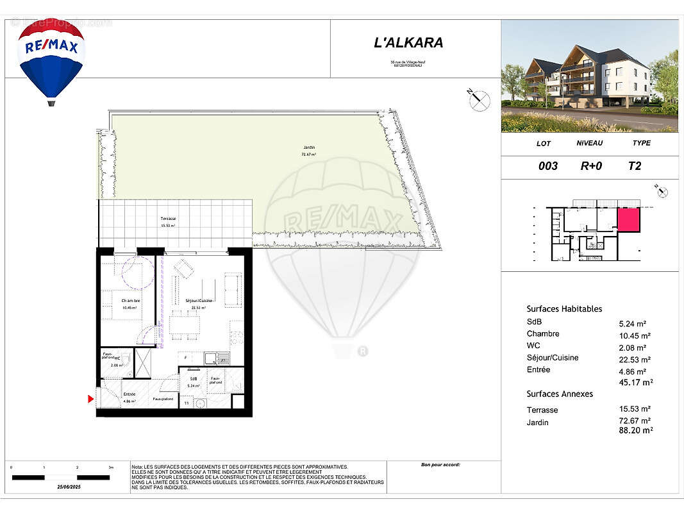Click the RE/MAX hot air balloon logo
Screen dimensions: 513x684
(51, 59)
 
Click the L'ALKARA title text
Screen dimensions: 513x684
(408, 44)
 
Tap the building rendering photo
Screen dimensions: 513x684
(589, 76)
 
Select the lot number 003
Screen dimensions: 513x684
(547, 166)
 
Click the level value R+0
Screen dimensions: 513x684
(591, 166)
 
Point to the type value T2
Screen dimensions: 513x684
(635, 166)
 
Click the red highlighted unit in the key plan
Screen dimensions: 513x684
(628, 220)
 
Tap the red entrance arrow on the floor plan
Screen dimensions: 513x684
(91, 399)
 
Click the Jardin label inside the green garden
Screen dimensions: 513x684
(309, 147)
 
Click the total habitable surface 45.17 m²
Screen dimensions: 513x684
(635, 382)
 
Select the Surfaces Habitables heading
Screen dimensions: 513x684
(564, 309)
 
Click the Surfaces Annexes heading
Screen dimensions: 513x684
(560, 394)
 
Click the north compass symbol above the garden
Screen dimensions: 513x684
(479, 100)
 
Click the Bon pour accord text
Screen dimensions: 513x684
(440, 465)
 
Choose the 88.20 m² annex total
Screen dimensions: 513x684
(635, 431)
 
